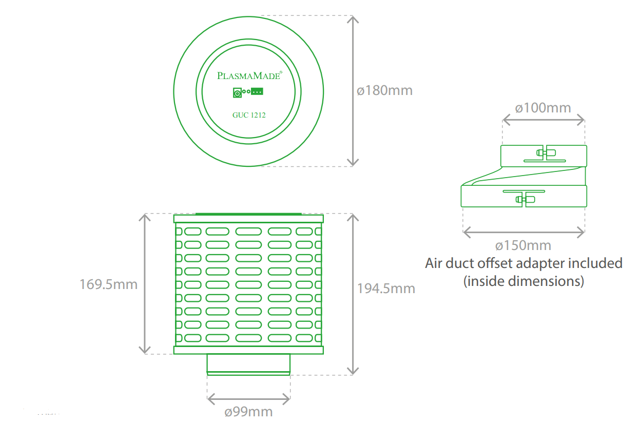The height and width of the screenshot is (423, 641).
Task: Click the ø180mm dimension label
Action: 385,91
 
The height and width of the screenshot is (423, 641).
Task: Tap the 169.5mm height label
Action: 108,284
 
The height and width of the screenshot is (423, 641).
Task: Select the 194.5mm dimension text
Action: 386,289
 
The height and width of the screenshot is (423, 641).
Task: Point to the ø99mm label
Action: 249,412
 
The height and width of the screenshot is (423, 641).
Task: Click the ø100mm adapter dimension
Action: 543,108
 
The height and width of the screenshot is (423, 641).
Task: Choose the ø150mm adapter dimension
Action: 523,245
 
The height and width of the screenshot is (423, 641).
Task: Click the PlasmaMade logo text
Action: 249,75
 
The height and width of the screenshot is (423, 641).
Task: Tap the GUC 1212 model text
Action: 249,115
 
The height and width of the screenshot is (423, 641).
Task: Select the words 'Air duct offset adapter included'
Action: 523,263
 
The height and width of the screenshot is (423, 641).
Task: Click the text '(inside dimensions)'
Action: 523,281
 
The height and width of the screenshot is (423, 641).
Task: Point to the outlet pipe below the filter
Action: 248,364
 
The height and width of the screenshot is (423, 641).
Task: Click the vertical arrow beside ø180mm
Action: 353,91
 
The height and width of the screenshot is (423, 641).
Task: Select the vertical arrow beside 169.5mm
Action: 146,284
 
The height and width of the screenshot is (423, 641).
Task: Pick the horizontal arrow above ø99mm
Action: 248,397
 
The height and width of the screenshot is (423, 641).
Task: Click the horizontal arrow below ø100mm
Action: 543,120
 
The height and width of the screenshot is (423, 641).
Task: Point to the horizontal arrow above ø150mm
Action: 523,233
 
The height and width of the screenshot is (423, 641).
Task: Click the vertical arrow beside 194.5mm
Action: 353,294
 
